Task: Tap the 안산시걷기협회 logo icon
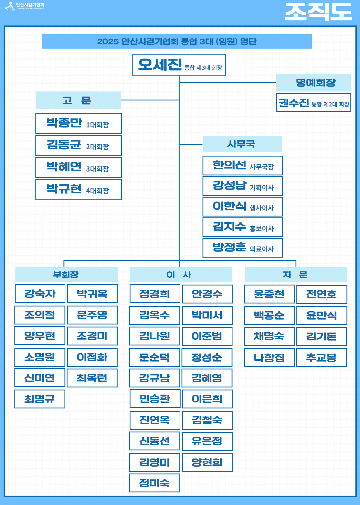(x=10, y=6)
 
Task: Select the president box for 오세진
(x=178, y=65)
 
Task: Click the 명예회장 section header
(x=313, y=82)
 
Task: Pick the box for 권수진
(x=313, y=103)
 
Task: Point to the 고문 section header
(x=78, y=100)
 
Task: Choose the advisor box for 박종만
(x=78, y=123)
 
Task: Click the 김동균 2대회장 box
(x=78, y=145)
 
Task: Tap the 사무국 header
(x=242, y=144)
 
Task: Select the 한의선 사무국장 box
(x=242, y=166)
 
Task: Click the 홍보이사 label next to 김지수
(x=262, y=229)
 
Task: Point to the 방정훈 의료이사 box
(x=242, y=248)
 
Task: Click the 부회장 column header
(x=66, y=274)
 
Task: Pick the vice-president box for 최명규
(x=40, y=399)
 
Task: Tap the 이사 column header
(x=181, y=274)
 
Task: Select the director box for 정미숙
(x=154, y=483)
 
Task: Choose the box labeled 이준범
(x=207, y=336)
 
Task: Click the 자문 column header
(x=295, y=274)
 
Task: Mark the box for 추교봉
(x=321, y=357)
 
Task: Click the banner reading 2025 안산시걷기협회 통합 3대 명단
(x=176, y=41)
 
